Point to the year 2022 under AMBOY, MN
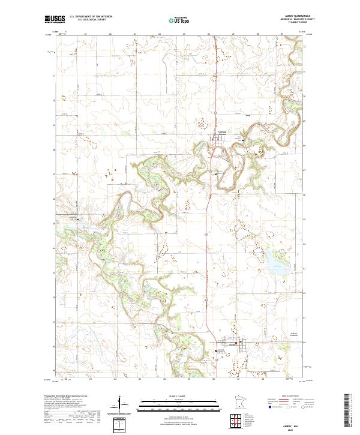(x=291, y=427)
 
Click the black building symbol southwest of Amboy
(x=217, y=351)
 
